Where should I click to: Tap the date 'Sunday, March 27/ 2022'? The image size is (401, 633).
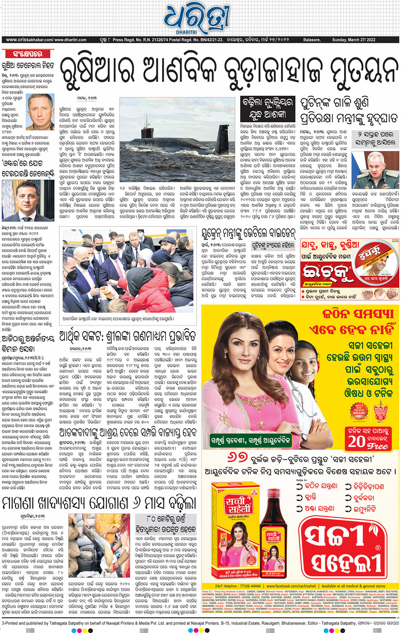[353, 40]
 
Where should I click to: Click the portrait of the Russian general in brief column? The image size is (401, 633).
[40, 112]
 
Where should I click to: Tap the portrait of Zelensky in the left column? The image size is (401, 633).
[28, 201]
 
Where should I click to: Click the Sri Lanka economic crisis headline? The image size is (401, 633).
[127, 336]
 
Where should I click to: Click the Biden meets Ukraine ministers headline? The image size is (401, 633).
[248, 233]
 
